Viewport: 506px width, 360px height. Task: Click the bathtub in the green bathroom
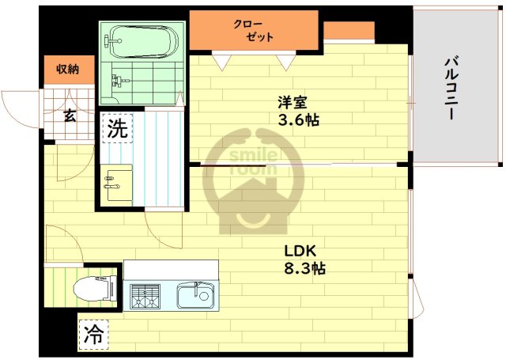click(142, 41)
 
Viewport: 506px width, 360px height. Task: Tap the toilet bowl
click(94, 288)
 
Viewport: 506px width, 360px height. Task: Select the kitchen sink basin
click(195, 295)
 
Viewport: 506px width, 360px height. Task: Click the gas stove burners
click(145, 296)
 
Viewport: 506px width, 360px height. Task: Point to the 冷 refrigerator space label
click(93, 335)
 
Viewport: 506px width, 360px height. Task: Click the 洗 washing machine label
click(118, 128)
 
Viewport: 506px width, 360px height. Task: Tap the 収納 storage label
click(68, 69)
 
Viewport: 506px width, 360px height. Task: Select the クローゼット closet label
click(253, 31)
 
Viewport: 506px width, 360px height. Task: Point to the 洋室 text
click(293, 103)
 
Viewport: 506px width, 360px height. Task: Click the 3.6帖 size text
click(299, 120)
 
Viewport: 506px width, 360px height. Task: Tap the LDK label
click(300, 251)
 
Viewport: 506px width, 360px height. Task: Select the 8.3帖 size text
click(304, 268)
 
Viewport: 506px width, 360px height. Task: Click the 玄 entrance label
click(70, 116)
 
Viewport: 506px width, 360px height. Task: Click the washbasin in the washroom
click(116, 184)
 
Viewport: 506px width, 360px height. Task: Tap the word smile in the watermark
click(253, 156)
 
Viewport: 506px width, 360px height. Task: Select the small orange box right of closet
click(349, 30)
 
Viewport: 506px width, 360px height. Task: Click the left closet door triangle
click(221, 63)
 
